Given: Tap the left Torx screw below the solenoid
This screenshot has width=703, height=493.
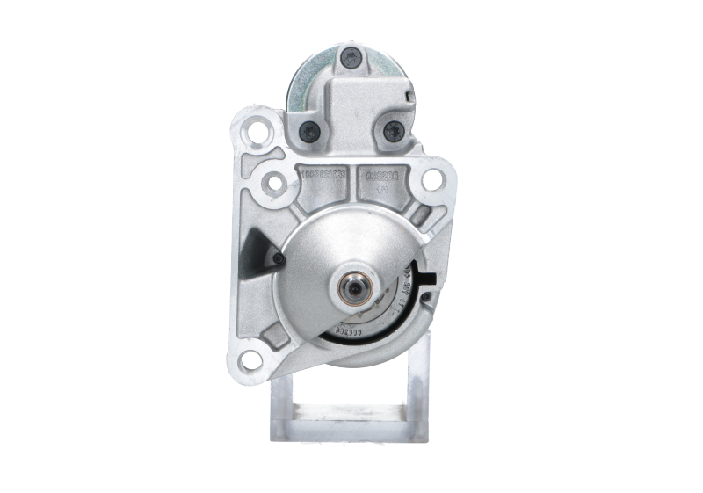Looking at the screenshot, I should click(309, 132).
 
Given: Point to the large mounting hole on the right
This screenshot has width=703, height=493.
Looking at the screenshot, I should click(431, 180).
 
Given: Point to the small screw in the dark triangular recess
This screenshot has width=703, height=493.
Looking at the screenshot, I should click(277, 258).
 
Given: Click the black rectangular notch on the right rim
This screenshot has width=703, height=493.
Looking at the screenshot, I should click(430, 280).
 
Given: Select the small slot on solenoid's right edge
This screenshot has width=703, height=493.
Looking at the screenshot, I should click(408, 91).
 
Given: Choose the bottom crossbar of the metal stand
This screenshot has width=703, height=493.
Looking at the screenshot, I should click(351, 432).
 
